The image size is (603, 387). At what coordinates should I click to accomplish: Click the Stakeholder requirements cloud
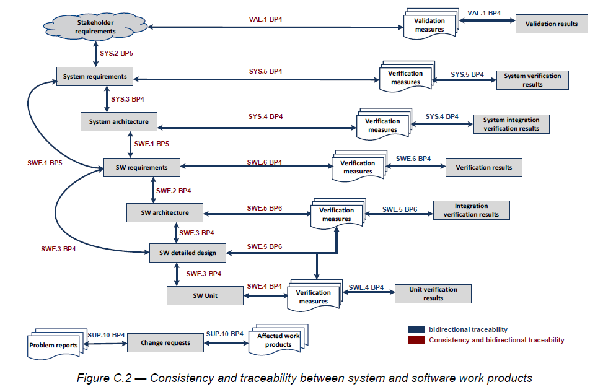point(91,27)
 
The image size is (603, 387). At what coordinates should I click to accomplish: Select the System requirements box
point(95,77)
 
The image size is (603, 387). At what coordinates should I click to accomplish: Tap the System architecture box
point(118,121)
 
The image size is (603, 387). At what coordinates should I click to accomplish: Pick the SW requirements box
point(141,167)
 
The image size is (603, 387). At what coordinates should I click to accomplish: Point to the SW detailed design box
point(187,253)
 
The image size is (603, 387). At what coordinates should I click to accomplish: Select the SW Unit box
point(205,295)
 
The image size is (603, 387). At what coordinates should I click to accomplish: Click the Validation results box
point(552,24)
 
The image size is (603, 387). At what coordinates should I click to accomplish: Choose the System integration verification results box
point(511,124)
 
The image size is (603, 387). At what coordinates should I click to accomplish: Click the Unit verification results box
point(433,294)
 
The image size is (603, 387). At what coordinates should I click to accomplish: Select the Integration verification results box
point(471,210)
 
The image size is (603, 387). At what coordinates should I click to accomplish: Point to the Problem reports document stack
point(54,345)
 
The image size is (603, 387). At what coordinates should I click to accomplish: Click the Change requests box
point(165,342)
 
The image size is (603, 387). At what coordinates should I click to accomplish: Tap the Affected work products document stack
point(278,341)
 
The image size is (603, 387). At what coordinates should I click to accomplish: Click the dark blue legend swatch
point(416,329)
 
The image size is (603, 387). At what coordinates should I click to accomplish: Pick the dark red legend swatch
point(416,340)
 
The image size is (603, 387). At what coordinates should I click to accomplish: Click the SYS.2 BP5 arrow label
point(116,54)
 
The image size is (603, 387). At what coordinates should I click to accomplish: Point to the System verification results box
point(532,80)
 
